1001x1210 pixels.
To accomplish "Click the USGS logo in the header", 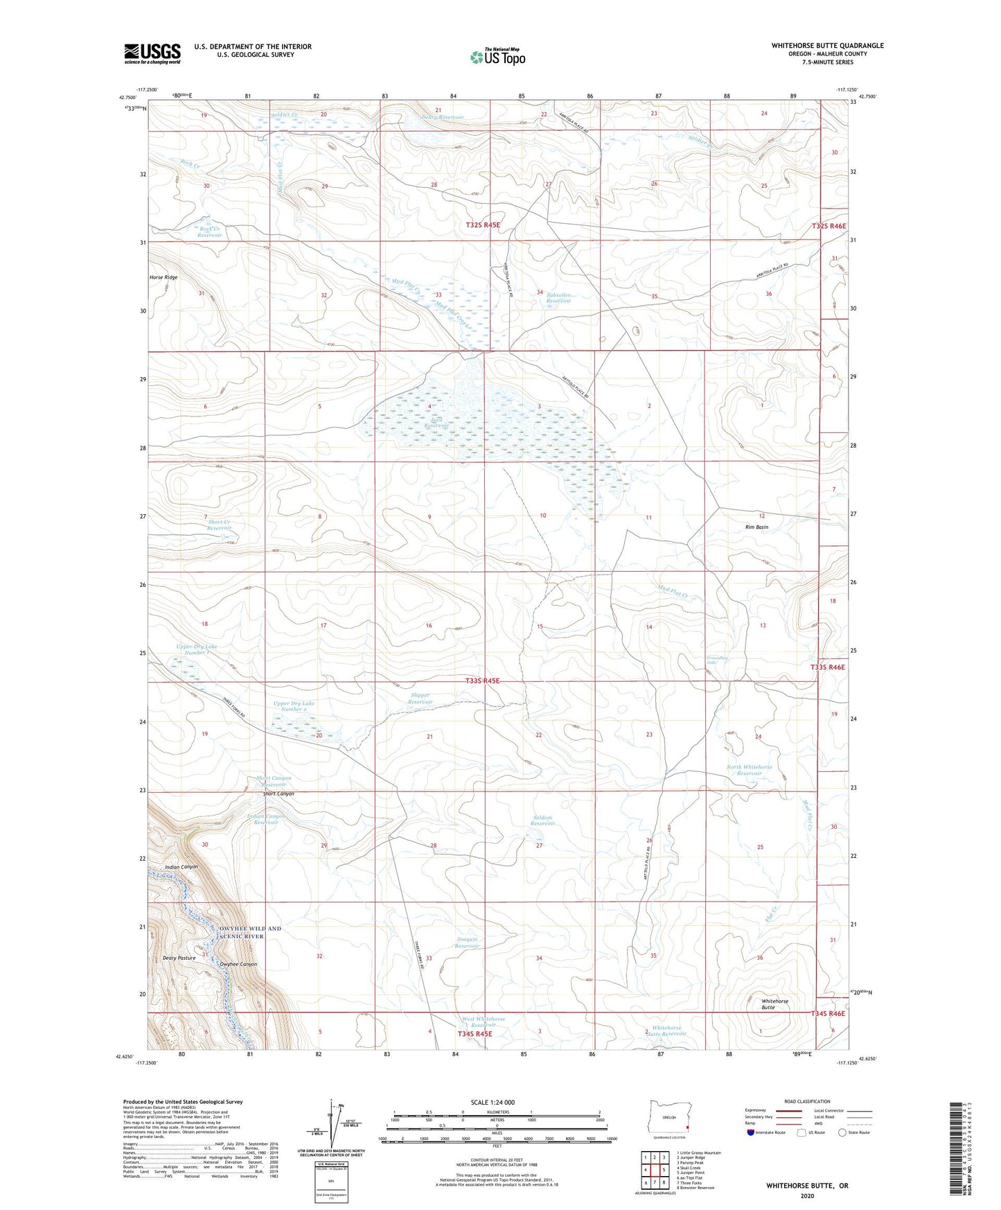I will point(152,53).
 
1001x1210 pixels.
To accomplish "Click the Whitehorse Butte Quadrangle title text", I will point(827,46).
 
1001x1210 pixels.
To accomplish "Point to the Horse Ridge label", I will point(163,277).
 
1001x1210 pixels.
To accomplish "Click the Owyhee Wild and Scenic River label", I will point(250,932).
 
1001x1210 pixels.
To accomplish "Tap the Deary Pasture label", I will point(179,958).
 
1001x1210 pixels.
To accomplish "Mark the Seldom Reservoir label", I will point(542,821).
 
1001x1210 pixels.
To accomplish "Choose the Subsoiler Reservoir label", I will point(558,297).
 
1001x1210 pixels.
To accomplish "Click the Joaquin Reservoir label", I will point(468,942).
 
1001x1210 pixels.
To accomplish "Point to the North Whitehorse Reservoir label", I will point(749,770).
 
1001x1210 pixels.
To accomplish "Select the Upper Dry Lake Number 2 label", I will point(294,706).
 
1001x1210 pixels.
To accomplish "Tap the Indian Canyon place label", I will point(181,867).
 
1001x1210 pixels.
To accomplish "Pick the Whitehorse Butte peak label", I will point(774,1004).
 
